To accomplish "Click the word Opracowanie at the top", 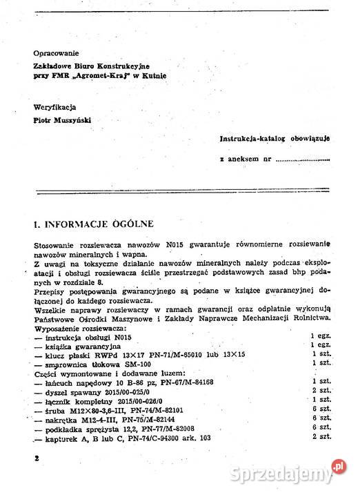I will click(57, 52).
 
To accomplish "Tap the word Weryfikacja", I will click(54, 107).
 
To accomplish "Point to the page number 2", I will click(36, 458).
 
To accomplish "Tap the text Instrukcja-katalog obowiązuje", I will click(274, 139).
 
